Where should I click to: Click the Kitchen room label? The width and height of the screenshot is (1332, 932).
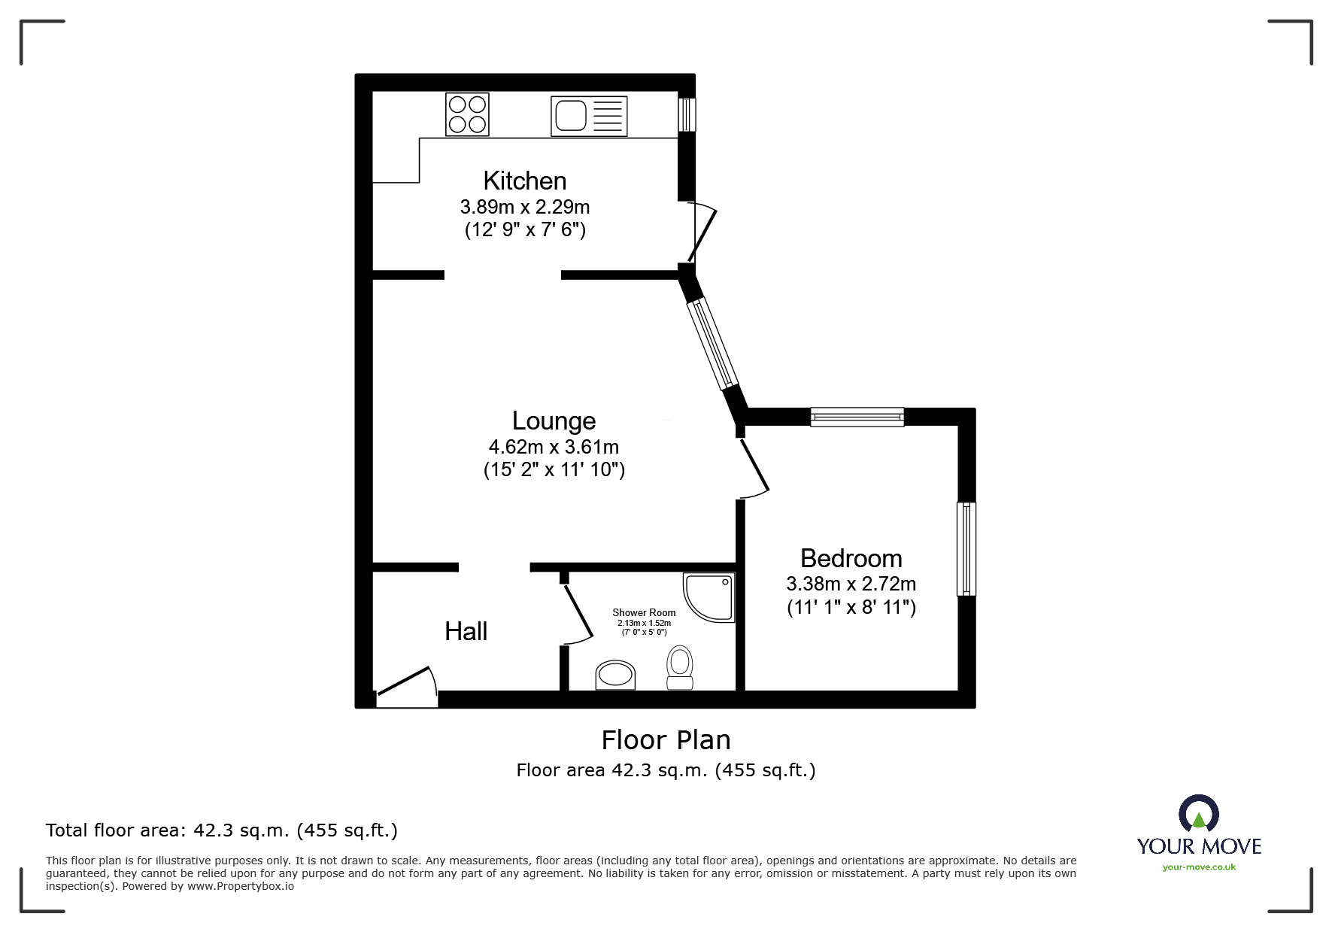(x=525, y=181)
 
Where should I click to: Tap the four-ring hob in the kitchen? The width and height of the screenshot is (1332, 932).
(x=467, y=114)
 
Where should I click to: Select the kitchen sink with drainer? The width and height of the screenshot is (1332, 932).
(x=589, y=116)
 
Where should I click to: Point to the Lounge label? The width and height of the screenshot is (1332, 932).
(x=554, y=420)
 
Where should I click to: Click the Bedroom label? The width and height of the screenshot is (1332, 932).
(x=851, y=558)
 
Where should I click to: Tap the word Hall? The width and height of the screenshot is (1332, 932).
(x=466, y=631)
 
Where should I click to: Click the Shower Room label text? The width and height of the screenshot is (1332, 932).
(x=644, y=612)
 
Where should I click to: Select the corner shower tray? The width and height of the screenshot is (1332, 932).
(x=708, y=597)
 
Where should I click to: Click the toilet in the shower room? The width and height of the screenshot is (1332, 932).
(x=680, y=667)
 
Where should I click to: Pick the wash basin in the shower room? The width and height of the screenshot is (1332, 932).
(x=615, y=675)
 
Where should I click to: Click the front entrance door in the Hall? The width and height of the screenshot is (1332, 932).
(x=406, y=686)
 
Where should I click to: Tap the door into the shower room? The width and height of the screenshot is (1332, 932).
(x=578, y=614)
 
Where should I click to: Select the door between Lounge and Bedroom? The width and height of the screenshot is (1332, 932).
(x=754, y=468)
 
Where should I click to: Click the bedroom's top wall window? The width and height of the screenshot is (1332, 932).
(x=857, y=417)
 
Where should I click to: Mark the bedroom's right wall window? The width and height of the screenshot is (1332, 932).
(x=966, y=549)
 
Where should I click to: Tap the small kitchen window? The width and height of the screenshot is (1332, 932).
(x=686, y=114)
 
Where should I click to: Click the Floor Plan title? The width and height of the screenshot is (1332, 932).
(x=666, y=740)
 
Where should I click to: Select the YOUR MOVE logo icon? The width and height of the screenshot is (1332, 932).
(x=1198, y=814)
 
